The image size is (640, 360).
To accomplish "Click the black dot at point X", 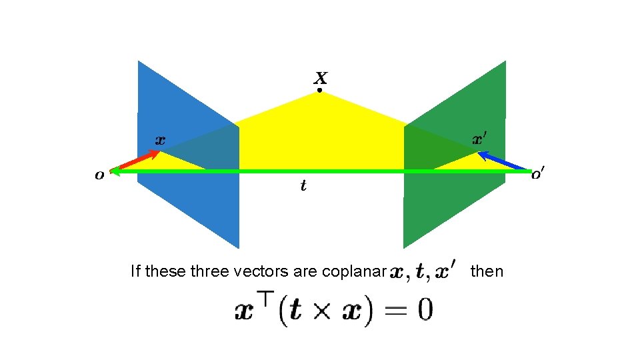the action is tap(319, 90).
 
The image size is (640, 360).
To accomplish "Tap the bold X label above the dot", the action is tap(320, 77).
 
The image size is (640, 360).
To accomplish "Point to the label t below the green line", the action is tap(303, 186).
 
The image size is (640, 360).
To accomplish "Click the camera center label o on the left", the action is tap(99, 175).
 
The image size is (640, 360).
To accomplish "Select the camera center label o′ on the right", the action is tap(538, 175).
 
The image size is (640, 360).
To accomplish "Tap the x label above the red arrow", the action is tap(160, 140).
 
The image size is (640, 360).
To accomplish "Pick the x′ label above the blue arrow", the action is tap(479, 139).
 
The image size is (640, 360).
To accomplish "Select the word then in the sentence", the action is tap(487, 271).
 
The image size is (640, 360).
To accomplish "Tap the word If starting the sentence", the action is tap(135, 271).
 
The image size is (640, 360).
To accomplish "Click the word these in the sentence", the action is tap(165, 271).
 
